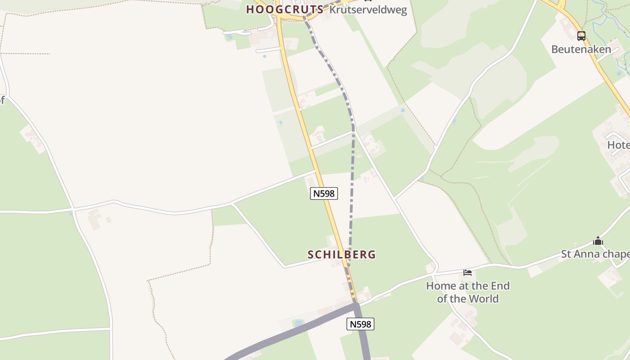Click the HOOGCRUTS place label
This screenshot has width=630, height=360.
(284, 9)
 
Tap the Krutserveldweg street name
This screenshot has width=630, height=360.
(368, 10)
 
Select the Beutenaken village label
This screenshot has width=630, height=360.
(581, 49)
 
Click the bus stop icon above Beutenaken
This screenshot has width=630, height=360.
(581, 36)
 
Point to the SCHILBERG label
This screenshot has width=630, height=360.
(342, 255)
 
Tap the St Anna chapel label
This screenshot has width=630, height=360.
(595, 254)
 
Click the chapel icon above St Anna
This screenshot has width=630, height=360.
(598, 241)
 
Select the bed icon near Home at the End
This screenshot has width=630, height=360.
(468, 272)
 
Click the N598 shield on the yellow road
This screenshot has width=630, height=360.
(324, 193)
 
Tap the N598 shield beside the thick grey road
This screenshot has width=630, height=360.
(360, 324)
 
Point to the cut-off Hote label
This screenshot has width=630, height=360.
(618, 145)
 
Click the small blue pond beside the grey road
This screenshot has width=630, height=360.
(298, 323)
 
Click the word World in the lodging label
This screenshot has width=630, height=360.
(483, 299)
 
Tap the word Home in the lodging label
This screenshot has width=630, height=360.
(441, 286)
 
